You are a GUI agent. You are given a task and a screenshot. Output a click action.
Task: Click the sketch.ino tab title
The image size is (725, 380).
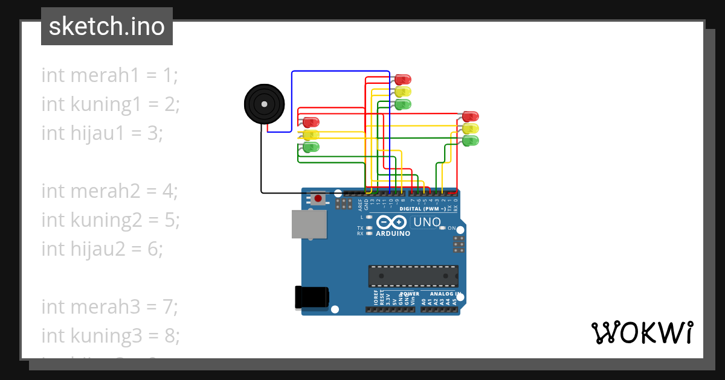(106, 27)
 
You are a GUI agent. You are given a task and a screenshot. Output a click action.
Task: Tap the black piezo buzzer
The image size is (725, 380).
(263, 104)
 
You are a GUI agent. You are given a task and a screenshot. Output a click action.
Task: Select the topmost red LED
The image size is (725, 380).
(403, 79)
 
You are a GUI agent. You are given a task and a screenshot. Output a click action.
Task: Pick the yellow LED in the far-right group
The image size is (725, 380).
(471, 128)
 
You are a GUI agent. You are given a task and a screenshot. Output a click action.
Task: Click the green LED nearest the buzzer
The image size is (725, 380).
(311, 147)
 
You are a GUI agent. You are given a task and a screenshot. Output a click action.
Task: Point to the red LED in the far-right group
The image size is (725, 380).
(471, 116)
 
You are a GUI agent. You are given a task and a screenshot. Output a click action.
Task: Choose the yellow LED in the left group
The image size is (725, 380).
(311, 135)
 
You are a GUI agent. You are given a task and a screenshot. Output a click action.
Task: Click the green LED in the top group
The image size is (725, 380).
(403, 104)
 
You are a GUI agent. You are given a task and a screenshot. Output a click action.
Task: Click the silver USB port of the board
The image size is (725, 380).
(309, 224)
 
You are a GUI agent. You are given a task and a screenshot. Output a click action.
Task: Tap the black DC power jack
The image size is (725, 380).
(312, 297)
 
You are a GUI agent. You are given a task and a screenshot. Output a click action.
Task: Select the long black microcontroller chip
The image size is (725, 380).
(413, 276)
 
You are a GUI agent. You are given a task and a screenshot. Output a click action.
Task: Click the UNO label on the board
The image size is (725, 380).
(427, 222)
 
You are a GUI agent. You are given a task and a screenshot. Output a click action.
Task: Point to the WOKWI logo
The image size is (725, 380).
(642, 332)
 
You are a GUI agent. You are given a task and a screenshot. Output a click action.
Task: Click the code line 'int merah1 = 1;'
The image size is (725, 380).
(110, 75)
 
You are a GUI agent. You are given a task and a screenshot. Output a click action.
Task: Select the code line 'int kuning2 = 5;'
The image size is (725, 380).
(111, 220)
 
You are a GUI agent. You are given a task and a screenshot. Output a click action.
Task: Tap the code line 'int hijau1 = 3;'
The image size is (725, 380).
(102, 133)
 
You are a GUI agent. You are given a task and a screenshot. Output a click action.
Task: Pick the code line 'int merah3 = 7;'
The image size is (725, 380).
(110, 307)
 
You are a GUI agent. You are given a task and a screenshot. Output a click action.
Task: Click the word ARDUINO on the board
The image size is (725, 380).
(392, 233)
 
